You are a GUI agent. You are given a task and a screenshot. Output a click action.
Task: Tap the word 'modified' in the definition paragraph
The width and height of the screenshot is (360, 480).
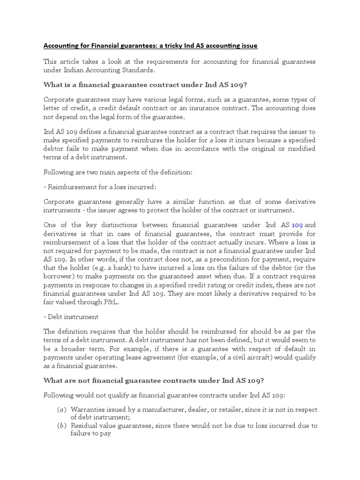tap(300, 149)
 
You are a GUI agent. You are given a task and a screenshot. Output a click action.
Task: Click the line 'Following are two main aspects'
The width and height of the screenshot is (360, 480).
tap(118, 172)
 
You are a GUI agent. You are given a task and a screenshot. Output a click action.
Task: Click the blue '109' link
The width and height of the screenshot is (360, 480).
tap(298, 225)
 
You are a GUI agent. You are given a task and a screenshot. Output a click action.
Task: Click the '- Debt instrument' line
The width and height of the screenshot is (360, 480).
tap(71, 317)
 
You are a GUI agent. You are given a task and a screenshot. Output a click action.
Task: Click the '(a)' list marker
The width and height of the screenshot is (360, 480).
tap(61, 410)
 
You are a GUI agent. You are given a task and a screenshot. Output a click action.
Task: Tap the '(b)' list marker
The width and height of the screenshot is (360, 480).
tap(61, 426)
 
